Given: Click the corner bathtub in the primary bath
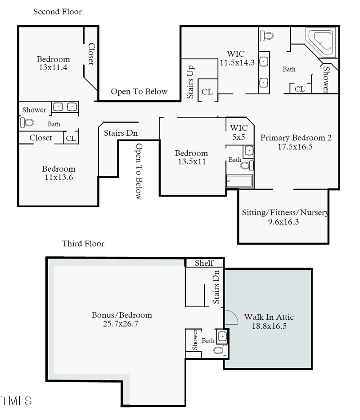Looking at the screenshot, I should tap(320, 42).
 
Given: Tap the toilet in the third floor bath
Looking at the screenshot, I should tap(220, 350).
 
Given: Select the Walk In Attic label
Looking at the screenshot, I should tap(269, 317).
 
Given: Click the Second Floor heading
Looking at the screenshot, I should tap(58, 12).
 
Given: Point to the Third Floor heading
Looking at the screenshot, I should tap(83, 244).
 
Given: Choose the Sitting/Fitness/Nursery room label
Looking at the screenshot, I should tap(285, 213).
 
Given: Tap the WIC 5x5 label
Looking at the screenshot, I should tap(238, 133).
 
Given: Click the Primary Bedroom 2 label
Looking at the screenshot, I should tap(296, 138).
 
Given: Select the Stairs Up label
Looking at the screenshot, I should tap(190, 82).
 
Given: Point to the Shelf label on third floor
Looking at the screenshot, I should tap(204, 263).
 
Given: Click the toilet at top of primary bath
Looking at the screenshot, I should tap(267, 35).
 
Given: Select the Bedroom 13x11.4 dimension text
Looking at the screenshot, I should tap(53, 68).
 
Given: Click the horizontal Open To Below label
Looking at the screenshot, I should tap(139, 92).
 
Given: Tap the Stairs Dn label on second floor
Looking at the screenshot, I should tap(121, 133).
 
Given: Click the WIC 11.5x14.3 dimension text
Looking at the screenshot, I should tap(237, 63).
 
